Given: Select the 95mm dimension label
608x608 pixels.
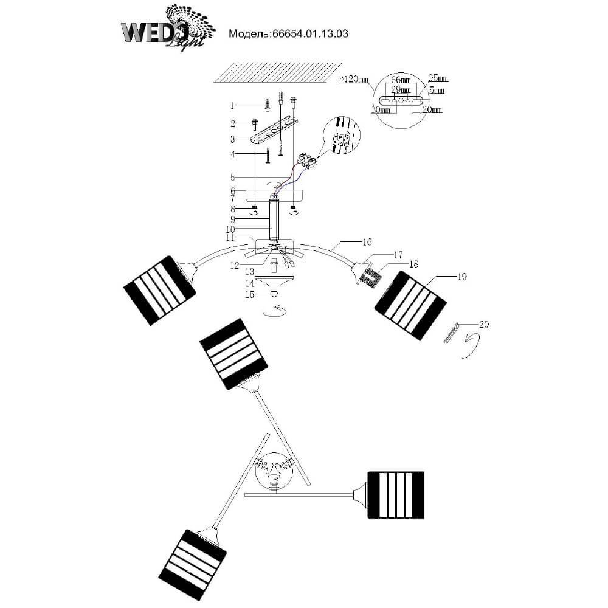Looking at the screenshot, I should pyautogui.click(x=438, y=78).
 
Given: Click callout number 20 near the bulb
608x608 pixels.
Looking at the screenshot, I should pyautogui.click(x=483, y=324).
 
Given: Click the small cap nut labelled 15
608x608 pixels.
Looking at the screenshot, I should pyautogui.click(x=274, y=294).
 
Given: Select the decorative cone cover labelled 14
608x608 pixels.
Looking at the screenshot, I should pyautogui.click(x=274, y=282).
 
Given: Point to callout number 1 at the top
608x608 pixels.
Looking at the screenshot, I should pyautogui.click(x=232, y=105).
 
